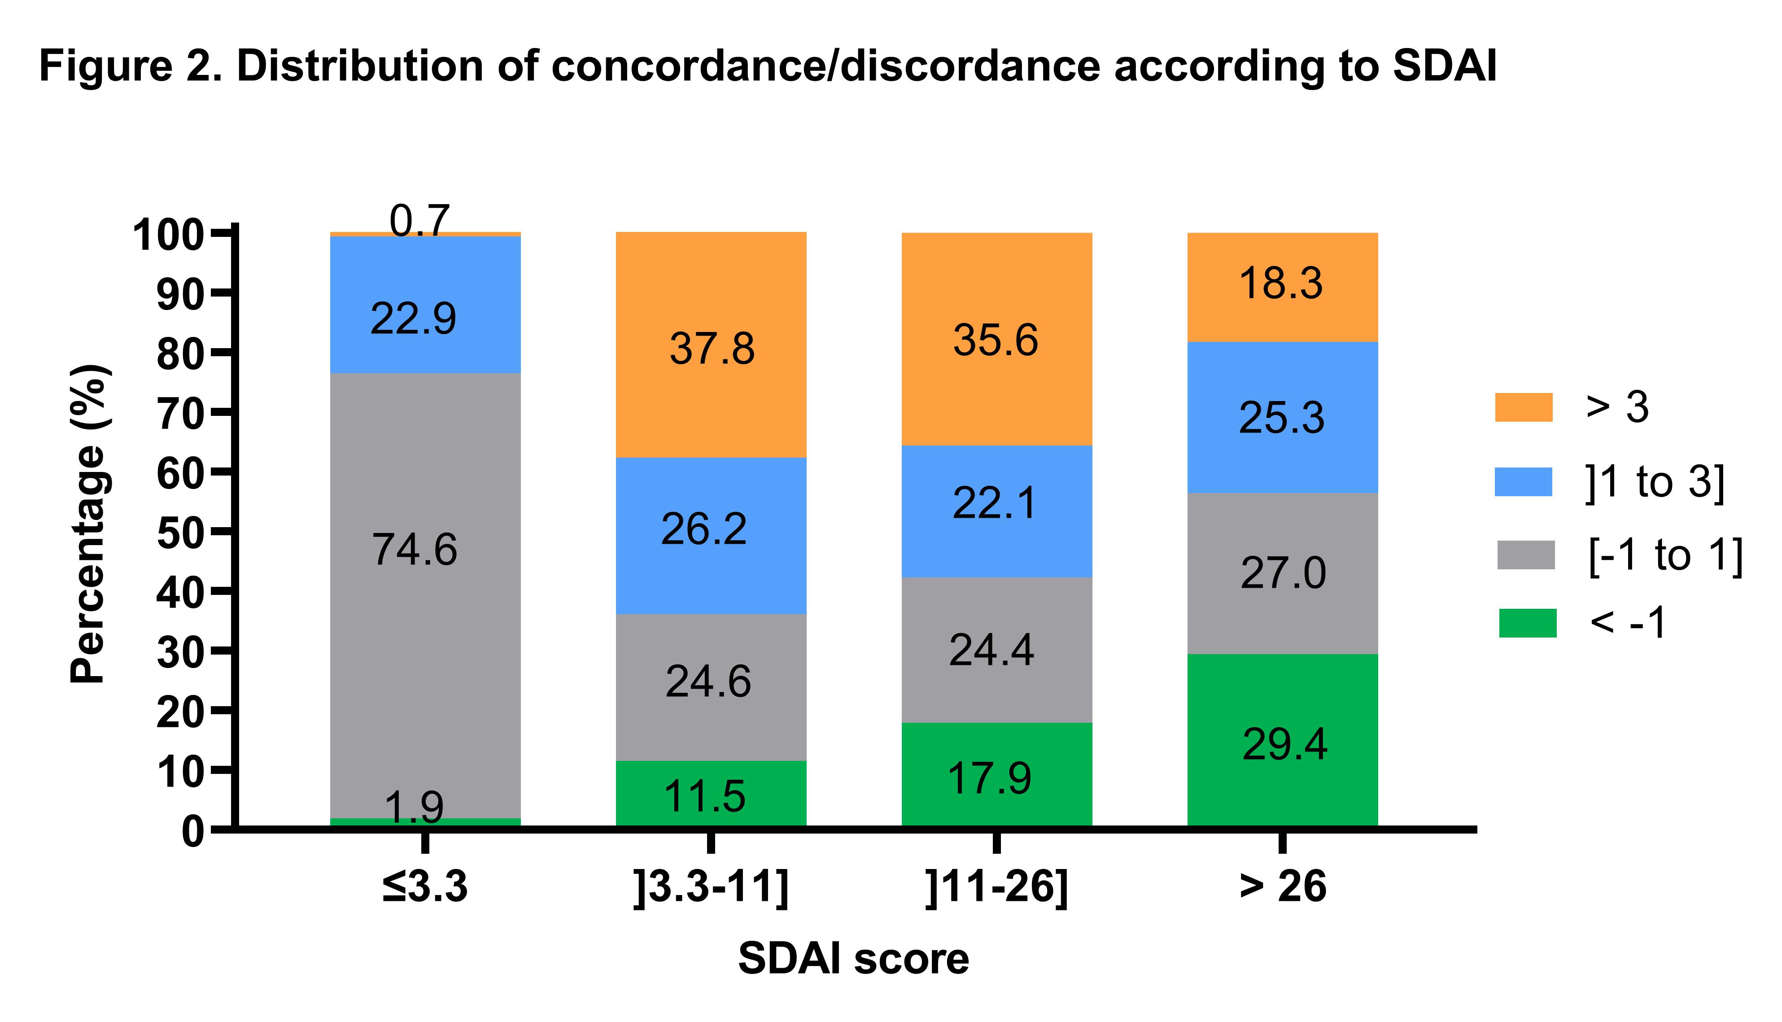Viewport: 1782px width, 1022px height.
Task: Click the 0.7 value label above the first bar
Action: (419, 220)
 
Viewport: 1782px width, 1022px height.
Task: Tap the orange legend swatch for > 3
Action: (1523, 407)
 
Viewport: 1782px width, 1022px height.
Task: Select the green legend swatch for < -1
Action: (1527, 623)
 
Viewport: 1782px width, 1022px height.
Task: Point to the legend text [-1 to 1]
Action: (1665, 555)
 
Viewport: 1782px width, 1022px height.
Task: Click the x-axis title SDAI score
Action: (853, 959)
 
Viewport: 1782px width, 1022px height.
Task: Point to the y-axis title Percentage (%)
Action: (89, 523)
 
